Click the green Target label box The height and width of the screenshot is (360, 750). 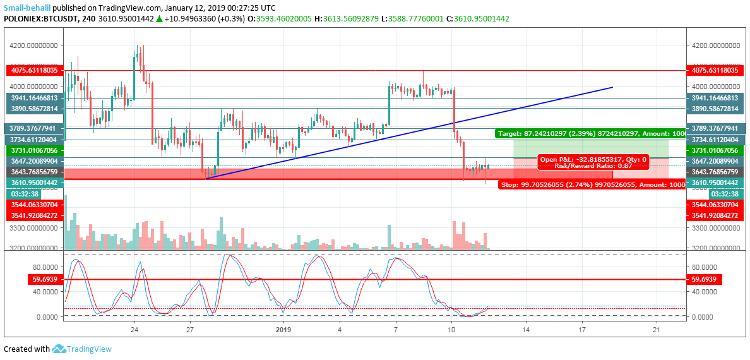coord(590,134)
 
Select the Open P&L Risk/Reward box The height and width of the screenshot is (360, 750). coord(592,162)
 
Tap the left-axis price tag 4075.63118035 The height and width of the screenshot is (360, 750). coord(32,71)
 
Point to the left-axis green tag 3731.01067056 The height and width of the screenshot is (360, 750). coord(32,150)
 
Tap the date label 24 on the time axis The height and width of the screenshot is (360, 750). coord(134,330)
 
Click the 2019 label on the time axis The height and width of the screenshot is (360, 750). coord(283,330)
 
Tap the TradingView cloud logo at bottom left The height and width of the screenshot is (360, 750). coord(60,349)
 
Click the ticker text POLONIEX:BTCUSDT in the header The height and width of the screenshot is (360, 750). coord(39,20)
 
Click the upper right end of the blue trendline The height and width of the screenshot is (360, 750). coord(612,87)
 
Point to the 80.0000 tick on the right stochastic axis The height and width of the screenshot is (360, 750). coord(705,267)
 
